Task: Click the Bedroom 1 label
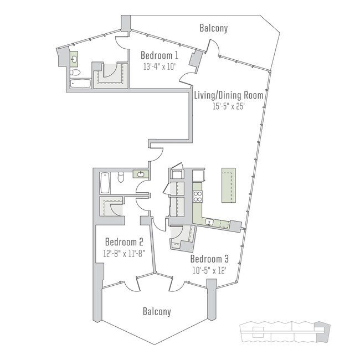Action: pos(160,55)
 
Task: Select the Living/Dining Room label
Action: pos(228,95)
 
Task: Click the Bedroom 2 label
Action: pos(125,242)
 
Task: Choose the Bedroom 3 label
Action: pos(209,259)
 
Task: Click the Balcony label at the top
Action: pos(214,28)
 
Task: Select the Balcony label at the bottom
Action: pos(157,312)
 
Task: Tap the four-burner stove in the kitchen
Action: pos(198,196)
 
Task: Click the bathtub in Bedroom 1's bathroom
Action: pos(81,84)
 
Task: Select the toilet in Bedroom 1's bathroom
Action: pos(76,72)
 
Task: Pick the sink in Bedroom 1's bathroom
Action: pos(74,57)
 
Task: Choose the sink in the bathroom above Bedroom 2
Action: pos(141,174)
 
